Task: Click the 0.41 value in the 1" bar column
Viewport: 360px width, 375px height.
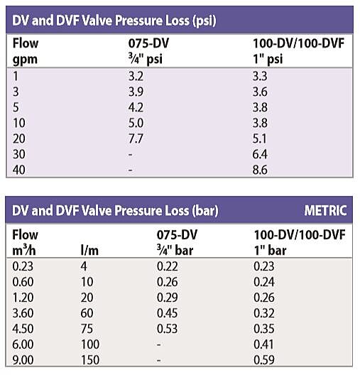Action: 264,345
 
